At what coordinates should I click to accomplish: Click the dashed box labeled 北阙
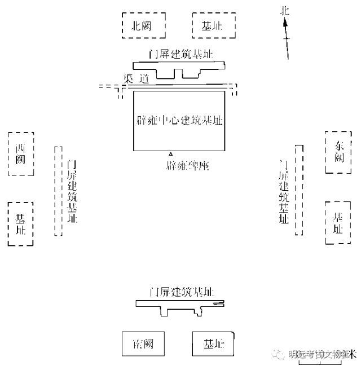coord(144,25)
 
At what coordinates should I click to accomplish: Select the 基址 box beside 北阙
coord(214,25)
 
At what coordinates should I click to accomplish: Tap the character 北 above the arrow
coord(285,10)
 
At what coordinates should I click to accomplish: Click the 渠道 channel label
coord(136,80)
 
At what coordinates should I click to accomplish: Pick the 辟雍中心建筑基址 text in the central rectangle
coord(179,121)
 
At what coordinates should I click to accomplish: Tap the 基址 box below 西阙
coord(21,224)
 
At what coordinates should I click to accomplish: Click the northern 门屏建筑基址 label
coord(180,54)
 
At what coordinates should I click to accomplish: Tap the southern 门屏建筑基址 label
coord(180,292)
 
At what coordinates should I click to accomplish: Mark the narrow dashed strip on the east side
coord(300,190)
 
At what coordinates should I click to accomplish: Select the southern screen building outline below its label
coord(180,305)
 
